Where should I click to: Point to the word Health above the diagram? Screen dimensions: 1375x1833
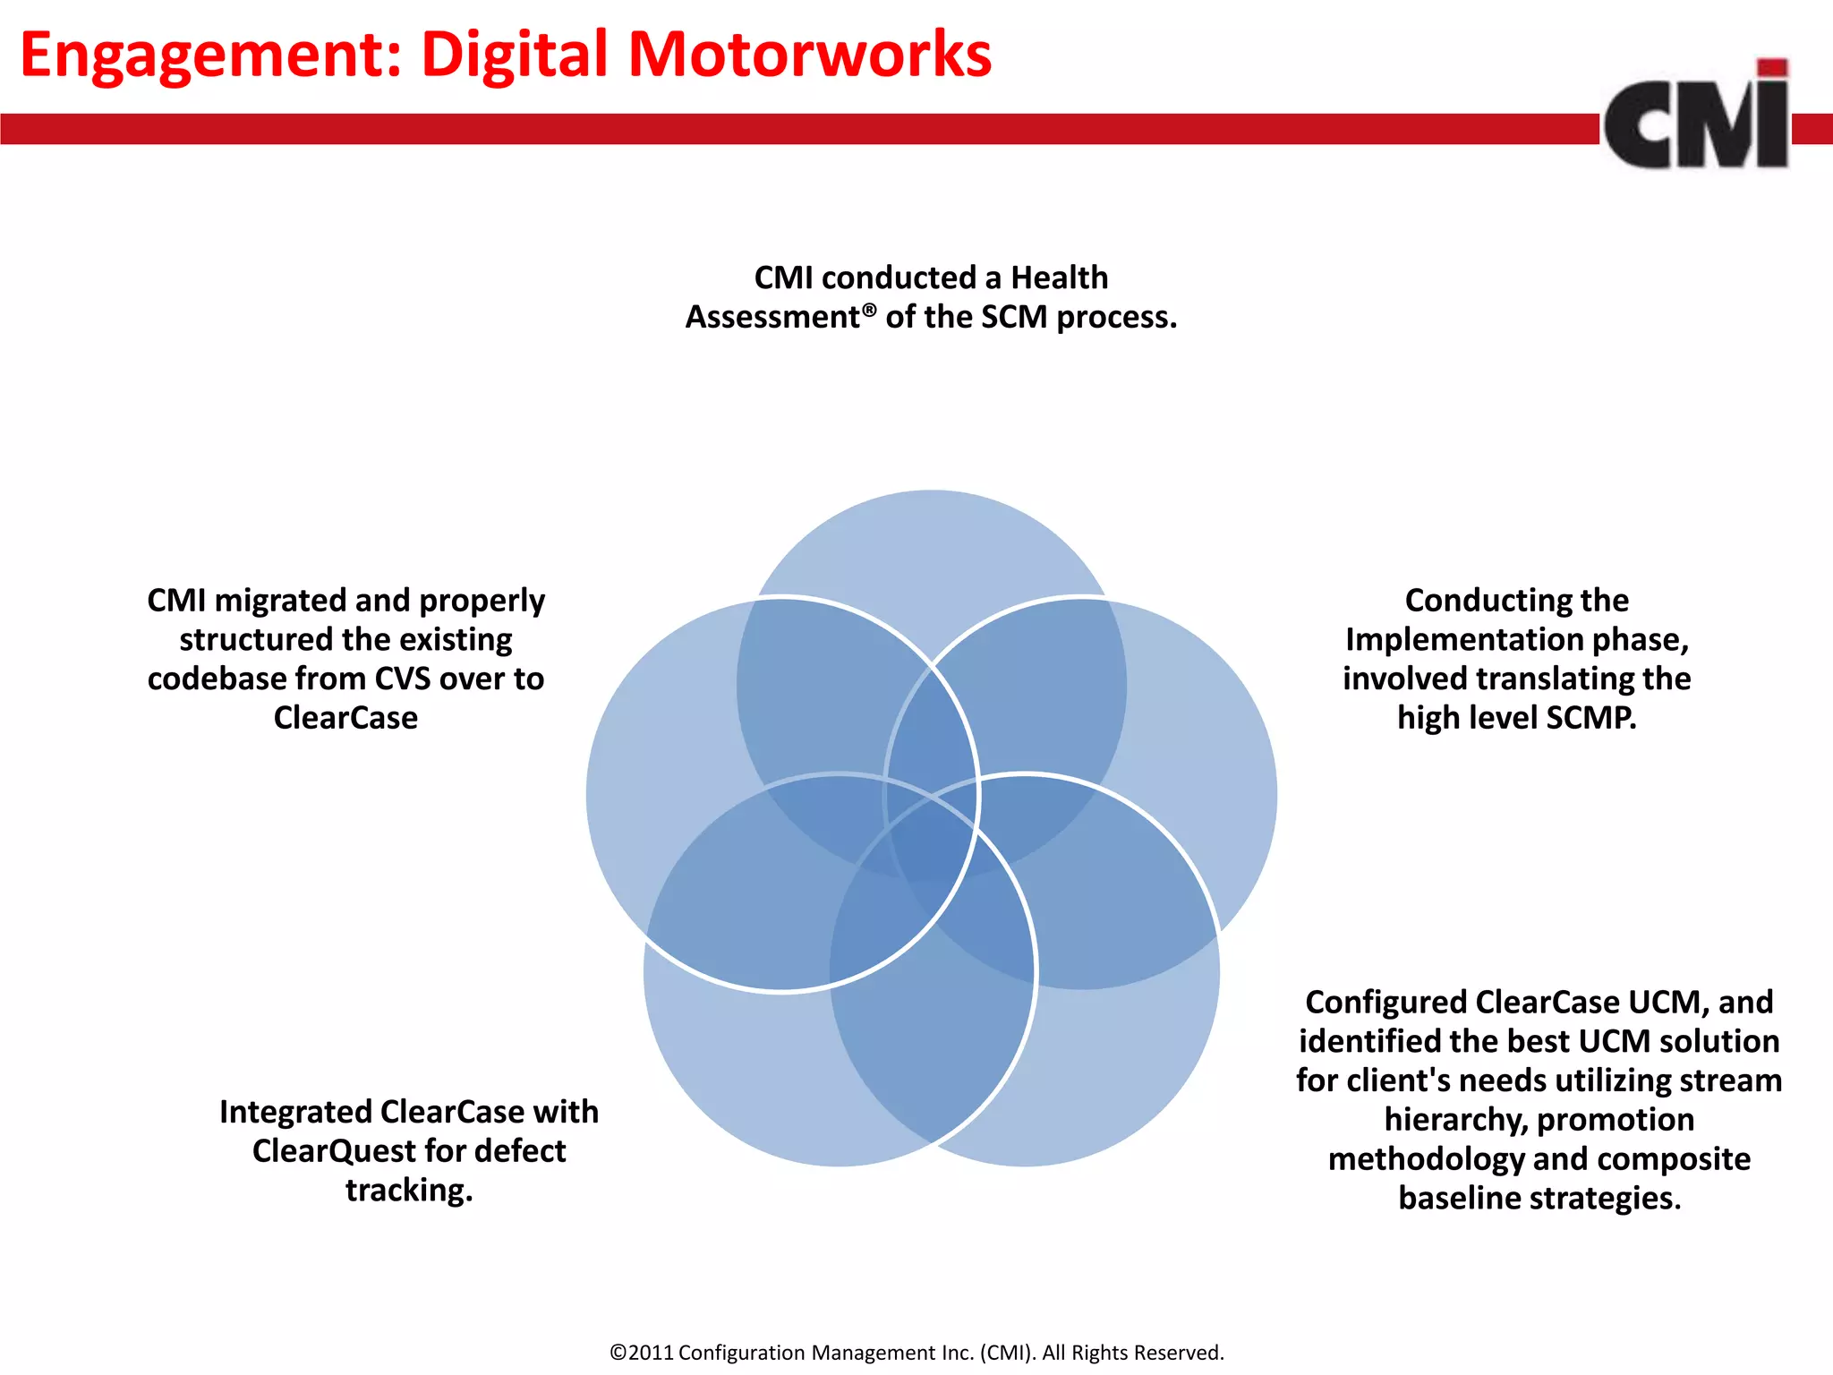1059,278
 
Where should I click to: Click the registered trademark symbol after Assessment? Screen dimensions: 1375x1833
869,309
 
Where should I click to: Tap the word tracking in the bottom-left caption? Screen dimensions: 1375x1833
408,1190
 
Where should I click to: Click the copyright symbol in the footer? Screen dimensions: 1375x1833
618,1353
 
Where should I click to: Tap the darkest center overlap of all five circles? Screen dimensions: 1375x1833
932,828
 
